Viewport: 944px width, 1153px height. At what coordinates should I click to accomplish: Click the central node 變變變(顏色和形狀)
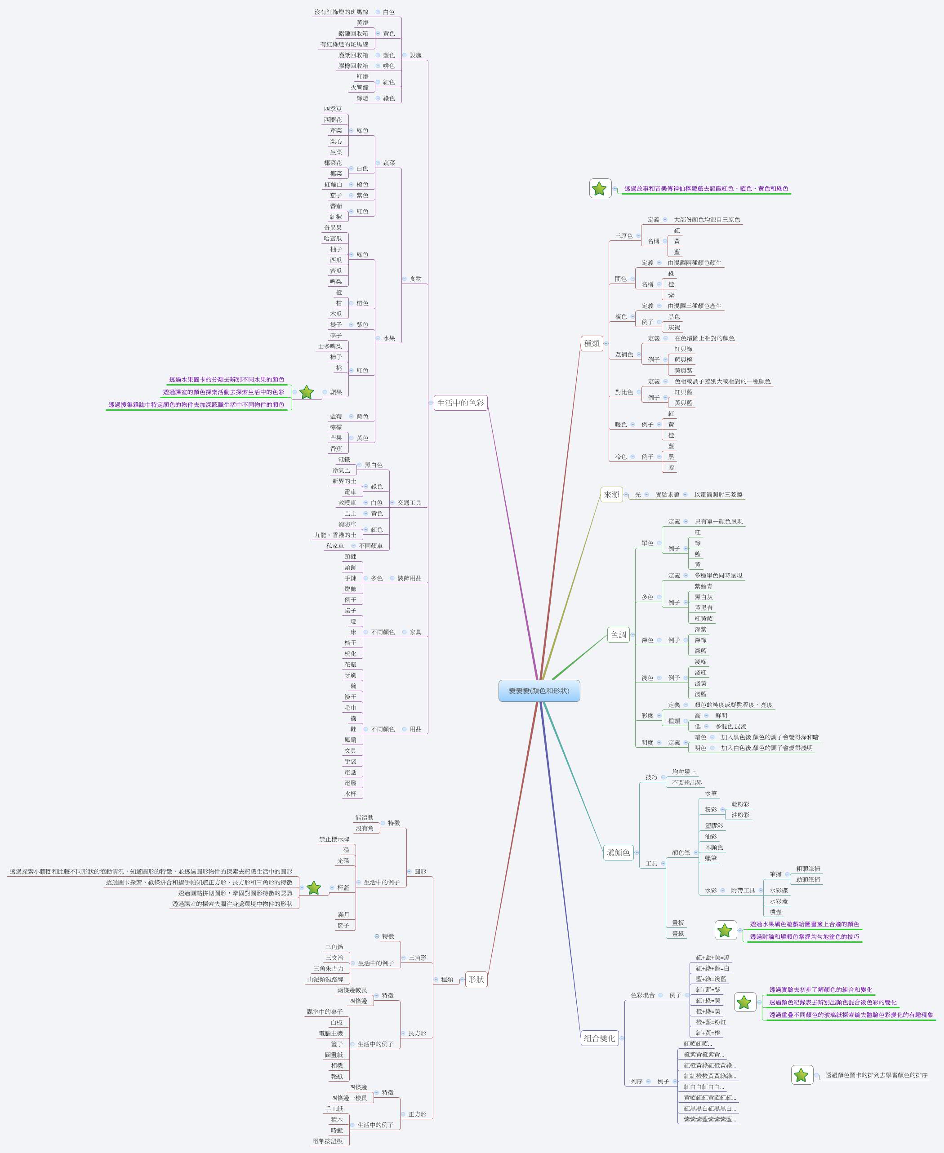click(539, 691)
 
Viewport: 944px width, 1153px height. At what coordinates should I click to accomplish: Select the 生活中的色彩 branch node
click(460, 403)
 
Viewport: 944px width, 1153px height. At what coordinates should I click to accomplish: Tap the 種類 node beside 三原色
click(592, 344)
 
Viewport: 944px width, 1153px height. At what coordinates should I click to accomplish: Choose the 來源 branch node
click(611, 495)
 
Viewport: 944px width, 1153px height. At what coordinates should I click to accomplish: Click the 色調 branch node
click(618, 635)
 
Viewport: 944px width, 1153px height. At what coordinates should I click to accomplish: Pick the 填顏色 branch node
click(618, 852)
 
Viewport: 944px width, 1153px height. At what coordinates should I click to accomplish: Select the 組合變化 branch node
click(599, 1038)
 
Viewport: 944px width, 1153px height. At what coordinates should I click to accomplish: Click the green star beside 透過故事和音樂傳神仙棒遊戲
click(599, 189)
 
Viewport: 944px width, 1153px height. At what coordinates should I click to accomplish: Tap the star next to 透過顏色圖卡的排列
click(801, 1075)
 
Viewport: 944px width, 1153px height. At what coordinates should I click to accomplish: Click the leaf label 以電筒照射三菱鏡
click(718, 495)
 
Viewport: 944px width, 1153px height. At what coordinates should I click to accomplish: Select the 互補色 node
click(624, 355)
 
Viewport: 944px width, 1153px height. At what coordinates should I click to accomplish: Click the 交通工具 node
click(409, 503)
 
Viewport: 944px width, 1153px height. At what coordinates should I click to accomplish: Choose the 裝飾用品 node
click(409, 578)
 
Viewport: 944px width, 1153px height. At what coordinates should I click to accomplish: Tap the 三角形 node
click(417, 958)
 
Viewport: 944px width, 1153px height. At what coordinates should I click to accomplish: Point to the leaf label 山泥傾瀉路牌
click(325, 980)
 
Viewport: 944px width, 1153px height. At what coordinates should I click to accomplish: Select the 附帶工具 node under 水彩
click(743, 891)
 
